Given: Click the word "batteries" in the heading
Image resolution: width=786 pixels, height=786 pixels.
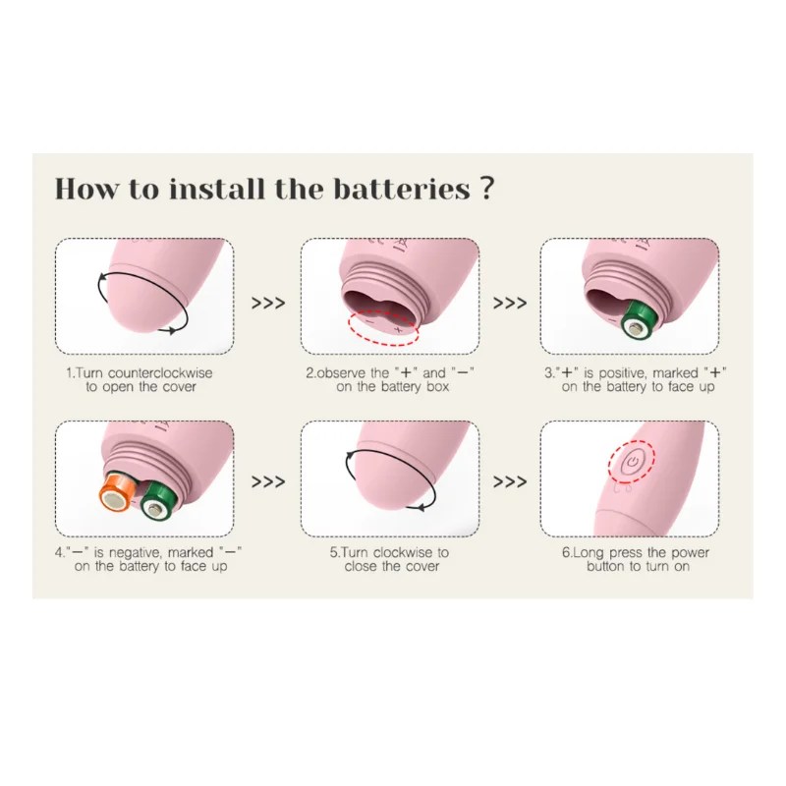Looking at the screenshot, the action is [402, 189].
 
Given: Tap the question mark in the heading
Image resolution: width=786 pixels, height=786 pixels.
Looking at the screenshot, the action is [486, 189].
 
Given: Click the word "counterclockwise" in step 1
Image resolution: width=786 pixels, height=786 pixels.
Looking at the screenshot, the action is [160, 373].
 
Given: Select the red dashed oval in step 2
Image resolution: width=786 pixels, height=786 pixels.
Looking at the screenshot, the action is [384, 327].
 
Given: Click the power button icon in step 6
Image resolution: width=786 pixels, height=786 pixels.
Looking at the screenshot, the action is [632, 463].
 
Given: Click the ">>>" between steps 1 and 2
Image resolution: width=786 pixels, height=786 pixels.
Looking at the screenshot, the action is [268, 303].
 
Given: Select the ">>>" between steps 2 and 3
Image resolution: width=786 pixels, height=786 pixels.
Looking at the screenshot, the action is [510, 303].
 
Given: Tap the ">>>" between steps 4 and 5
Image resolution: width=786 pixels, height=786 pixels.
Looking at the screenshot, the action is [268, 481].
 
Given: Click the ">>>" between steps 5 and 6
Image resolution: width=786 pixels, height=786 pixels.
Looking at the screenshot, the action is [510, 481].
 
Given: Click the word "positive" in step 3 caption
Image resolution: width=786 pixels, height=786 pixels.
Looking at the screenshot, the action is [623, 373].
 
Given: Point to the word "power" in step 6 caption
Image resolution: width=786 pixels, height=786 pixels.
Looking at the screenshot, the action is [690, 553].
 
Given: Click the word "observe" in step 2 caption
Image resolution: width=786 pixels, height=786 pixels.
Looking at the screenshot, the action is [340, 373].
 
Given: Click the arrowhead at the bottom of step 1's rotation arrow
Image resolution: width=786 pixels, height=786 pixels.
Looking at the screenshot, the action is [171, 331].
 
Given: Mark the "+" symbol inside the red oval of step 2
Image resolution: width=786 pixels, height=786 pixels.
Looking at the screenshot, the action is [399, 330].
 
